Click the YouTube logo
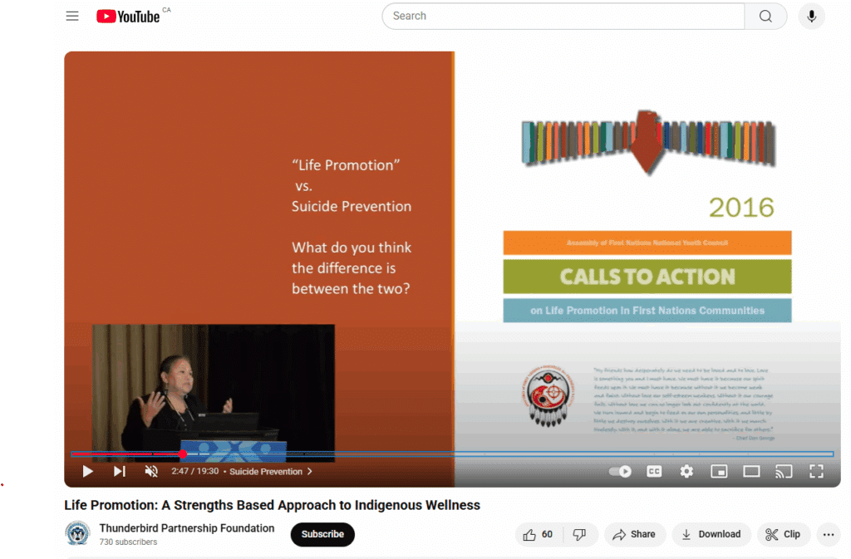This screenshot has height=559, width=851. point(128,16)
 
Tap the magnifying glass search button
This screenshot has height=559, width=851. point(765,16)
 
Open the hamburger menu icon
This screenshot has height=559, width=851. point(72,16)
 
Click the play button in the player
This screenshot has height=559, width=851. point(87,471)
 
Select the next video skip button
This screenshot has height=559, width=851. point(120,471)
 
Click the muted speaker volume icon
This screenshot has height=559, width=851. point(151,471)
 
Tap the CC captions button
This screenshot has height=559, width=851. point(654,471)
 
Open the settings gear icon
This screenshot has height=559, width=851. point(686,471)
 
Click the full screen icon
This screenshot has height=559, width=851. point(816,471)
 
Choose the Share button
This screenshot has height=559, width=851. point(634,534)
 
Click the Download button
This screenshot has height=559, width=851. point(711,534)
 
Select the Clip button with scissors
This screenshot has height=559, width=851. point(783,534)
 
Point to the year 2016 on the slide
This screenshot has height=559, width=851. point(741,207)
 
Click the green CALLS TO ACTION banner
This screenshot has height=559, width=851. point(647,277)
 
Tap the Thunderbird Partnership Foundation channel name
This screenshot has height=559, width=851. point(187,528)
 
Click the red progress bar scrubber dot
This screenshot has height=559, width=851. point(183,454)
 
